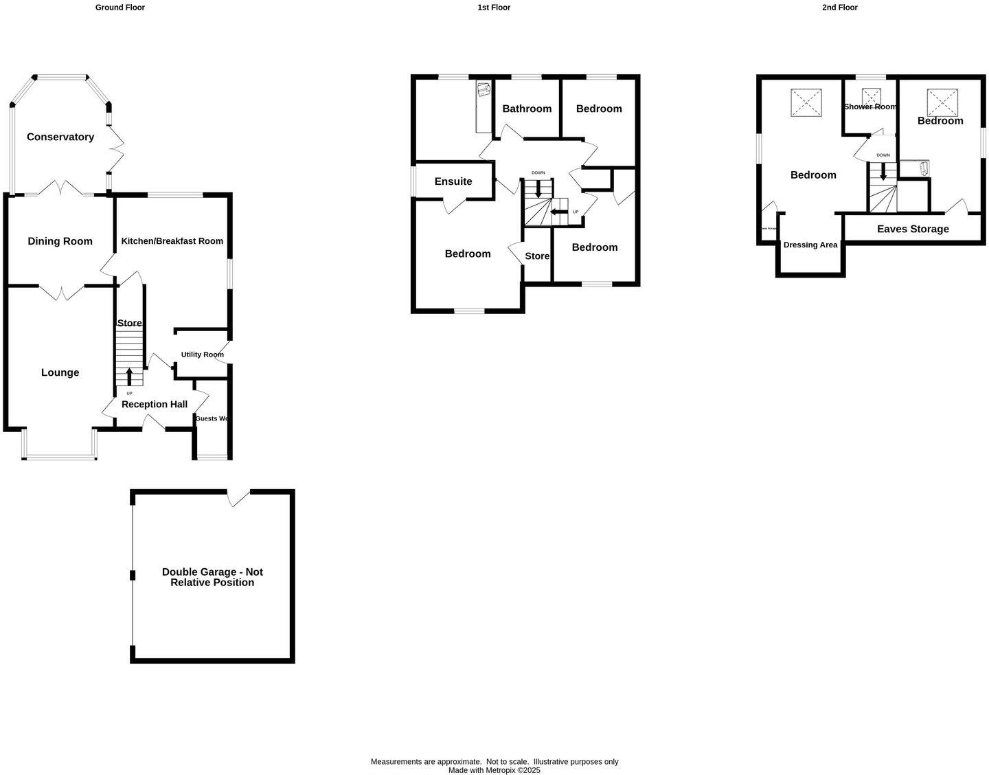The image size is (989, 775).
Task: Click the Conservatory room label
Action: click(x=60, y=137)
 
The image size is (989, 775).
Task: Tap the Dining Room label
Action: click(x=60, y=241)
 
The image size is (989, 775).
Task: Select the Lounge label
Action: click(x=60, y=372)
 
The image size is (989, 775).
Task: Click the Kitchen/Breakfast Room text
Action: click(x=172, y=241)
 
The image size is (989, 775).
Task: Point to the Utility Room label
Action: click(x=202, y=355)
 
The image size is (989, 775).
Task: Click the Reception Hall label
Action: click(x=154, y=404)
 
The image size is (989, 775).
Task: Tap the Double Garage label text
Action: click(x=212, y=577)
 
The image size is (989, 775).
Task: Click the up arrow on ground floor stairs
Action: click(x=129, y=377)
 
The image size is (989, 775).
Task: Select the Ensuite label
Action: click(x=453, y=181)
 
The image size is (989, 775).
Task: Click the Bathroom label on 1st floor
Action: click(x=527, y=109)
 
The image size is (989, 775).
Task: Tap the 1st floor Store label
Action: click(x=537, y=256)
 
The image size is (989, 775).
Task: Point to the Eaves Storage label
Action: click(x=913, y=229)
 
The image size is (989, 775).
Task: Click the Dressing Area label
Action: click(x=810, y=245)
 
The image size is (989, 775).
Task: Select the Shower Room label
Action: click(x=869, y=106)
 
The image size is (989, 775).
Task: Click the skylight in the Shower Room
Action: click(x=872, y=95)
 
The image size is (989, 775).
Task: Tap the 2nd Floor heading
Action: click(x=839, y=8)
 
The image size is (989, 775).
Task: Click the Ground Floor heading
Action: click(x=120, y=8)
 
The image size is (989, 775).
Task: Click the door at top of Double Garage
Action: click(x=238, y=497)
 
